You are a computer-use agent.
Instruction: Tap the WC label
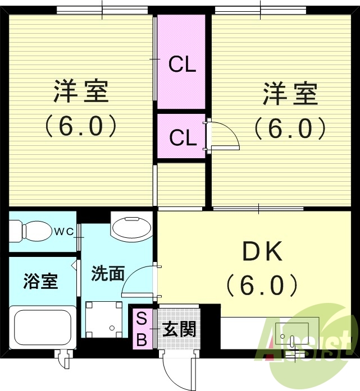coord(64,232)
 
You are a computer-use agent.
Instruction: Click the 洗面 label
coord(108,273)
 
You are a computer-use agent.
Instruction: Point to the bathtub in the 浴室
coord(43,327)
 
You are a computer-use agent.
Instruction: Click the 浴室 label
coord(40,281)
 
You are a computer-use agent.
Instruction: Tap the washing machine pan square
coord(103,319)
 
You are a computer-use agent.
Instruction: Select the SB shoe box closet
coord(142,329)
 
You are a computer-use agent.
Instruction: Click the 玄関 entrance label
coord(179,329)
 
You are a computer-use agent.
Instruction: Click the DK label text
coord(263,251)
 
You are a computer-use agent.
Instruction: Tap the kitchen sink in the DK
coord(291,333)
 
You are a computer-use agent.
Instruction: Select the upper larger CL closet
coord(181,62)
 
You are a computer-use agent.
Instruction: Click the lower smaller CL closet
coord(181,136)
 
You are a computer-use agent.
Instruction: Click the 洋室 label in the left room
coord(81,91)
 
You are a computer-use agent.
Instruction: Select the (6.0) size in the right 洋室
coord(290,128)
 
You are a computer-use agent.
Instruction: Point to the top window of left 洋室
coord(102,10)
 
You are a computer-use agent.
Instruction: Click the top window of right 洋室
coord(261,10)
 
